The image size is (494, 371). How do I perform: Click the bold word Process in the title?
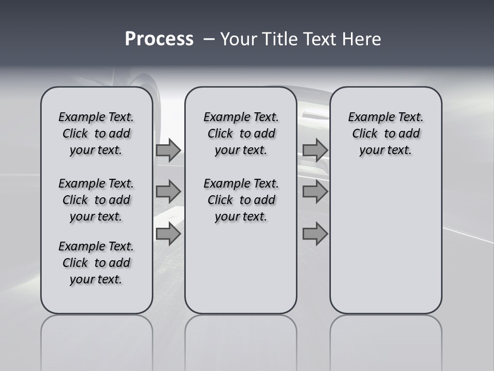click(159, 39)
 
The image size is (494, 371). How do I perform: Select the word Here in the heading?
click(360, 39)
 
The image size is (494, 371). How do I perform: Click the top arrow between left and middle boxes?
click(168, 150)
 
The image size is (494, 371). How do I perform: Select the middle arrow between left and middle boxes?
click(168, 192)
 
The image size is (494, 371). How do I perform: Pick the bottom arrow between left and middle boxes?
click(168, 234)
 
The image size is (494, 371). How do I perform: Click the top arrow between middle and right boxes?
click(315, 150)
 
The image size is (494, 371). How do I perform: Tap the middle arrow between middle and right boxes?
click(315, 192)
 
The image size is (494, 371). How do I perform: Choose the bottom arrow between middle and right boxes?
click(315, 234)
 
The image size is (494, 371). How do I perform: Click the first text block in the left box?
click(96, 133)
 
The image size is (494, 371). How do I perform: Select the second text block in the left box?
click(96, 200)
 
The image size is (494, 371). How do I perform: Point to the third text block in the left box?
click(96, 263)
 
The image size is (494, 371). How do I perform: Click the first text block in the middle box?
click(241, 133)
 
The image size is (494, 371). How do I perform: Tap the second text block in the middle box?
click(241, 200)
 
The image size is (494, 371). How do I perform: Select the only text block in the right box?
click(385, 133)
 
